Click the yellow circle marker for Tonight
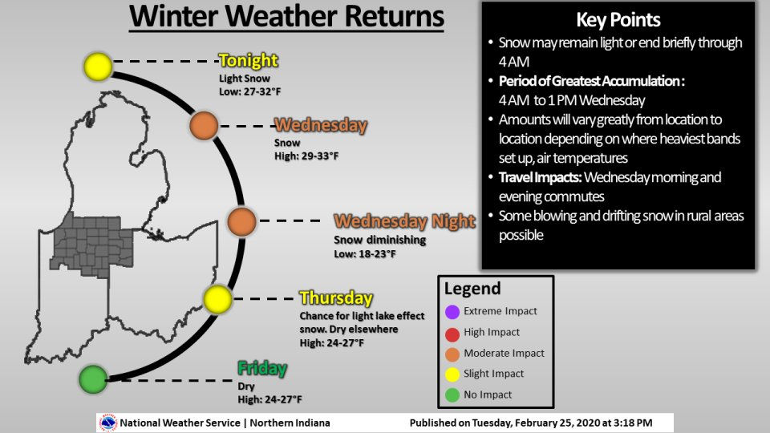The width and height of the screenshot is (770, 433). point(98,66)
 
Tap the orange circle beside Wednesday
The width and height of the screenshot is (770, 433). point(204,125)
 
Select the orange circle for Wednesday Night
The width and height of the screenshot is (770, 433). point(241,221)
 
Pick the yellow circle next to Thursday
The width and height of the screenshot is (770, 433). point(217,299)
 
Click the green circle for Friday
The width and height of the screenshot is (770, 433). point(93,378)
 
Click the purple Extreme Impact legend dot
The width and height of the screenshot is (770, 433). point(452,311)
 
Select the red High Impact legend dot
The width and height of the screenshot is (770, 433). point(452,332)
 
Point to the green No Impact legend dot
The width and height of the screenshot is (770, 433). point(452,395)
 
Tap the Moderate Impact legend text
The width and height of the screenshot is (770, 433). point(504,353)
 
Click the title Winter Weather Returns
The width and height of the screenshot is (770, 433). point(286,17)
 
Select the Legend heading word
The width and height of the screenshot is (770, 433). point(472,289)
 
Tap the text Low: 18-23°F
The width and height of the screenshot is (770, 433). point(365,253)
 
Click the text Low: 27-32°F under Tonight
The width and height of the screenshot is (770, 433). point(250,91)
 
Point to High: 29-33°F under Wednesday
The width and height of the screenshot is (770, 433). point(306,156)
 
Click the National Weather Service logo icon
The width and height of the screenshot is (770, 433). point(107,423)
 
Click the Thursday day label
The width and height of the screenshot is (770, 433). point(336,297)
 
